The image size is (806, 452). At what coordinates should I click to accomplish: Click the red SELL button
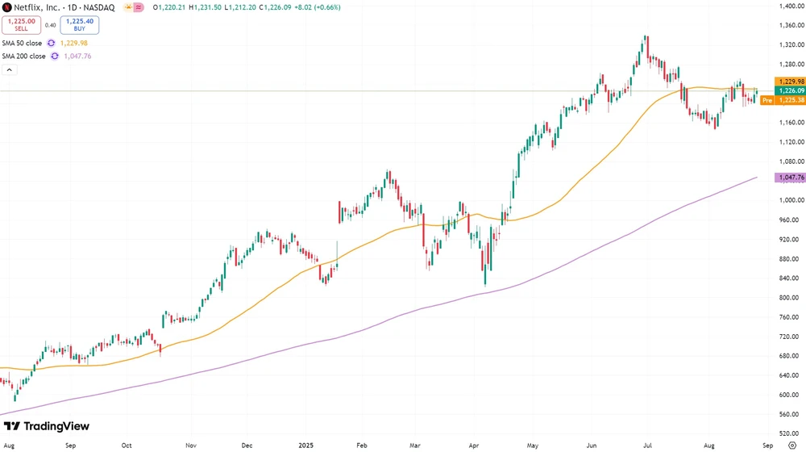click(21, 25)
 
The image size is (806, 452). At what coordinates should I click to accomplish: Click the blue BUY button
click(80, 25)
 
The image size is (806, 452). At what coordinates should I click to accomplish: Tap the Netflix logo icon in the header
click(6, 7)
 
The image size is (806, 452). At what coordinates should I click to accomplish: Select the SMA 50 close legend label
click(23, 43)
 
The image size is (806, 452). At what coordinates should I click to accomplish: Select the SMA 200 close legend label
click(24, 56)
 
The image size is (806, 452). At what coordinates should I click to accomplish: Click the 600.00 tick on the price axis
click(787, 395)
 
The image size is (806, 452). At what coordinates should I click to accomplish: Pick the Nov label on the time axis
click(191, 445)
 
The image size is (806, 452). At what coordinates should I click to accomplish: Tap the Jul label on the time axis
click(649, 445)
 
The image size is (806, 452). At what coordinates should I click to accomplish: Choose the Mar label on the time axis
click(415, 445)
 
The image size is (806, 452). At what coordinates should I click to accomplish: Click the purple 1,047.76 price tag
click(788, 178)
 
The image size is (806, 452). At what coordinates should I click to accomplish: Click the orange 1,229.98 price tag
click(788, 82)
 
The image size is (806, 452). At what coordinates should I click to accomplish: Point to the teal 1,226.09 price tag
click(788, 91)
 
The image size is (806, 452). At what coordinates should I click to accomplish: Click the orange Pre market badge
click(767, 100)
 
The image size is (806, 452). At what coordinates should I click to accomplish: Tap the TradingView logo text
click(56, 426)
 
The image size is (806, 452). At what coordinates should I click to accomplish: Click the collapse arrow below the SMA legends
click(10, 70)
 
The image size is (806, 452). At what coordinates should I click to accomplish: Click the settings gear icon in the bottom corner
click(791, 445)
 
